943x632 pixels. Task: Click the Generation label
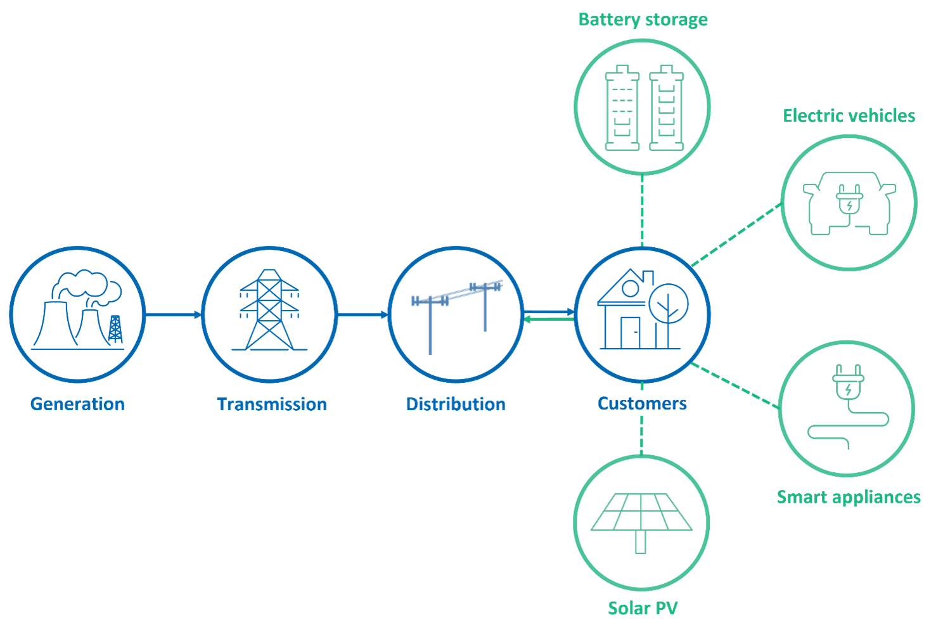tap(77, 404)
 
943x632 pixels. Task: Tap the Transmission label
tap(272, 404)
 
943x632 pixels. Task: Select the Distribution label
tap(456, 404)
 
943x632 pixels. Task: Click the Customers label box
tap(642, 403)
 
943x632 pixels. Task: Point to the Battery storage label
tap(643, 20)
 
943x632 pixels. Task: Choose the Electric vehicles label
tap(849, 115)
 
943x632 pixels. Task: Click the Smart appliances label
tap(849, 497)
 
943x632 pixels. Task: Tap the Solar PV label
tap(643, 609)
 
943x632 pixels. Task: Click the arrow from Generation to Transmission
tap(172, 314)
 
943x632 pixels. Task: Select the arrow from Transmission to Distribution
tap(362, 314)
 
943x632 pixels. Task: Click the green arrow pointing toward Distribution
tap(549, 319)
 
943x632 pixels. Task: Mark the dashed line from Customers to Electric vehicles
tap(735, 234)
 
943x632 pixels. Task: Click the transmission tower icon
tap(269, 311)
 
